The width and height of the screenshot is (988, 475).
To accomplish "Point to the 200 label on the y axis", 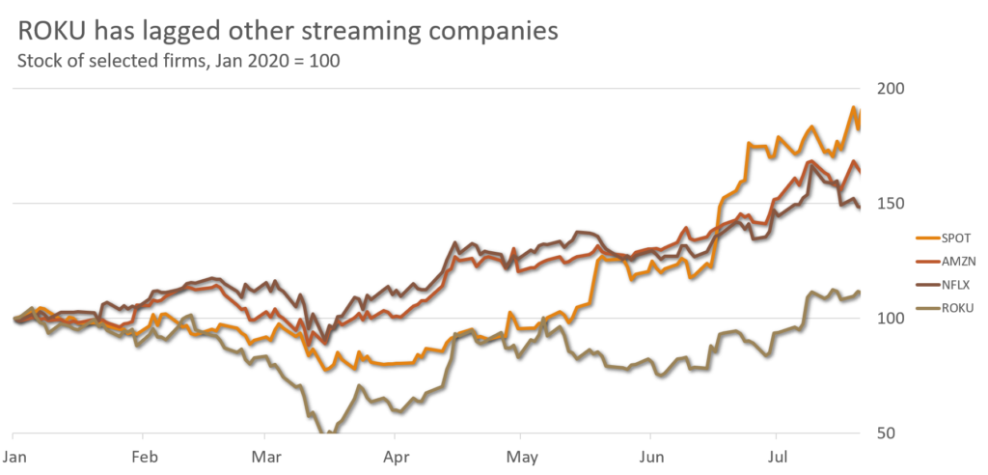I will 892,88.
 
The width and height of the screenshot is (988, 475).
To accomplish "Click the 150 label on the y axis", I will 892,203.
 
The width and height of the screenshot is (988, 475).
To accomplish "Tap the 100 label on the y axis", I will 892,318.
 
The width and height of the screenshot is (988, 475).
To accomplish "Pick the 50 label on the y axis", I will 888,433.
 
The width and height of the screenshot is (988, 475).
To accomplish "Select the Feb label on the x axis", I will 144,452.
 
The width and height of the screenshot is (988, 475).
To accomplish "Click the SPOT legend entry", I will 955,237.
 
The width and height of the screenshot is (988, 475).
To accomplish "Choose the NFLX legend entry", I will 955,284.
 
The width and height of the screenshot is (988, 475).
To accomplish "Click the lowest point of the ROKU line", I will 331,433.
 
